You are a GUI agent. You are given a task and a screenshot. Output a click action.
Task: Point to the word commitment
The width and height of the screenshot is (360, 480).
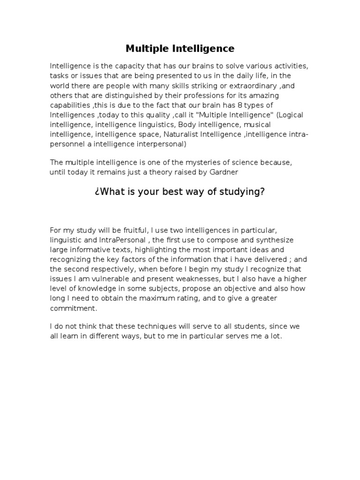click(74, 308)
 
